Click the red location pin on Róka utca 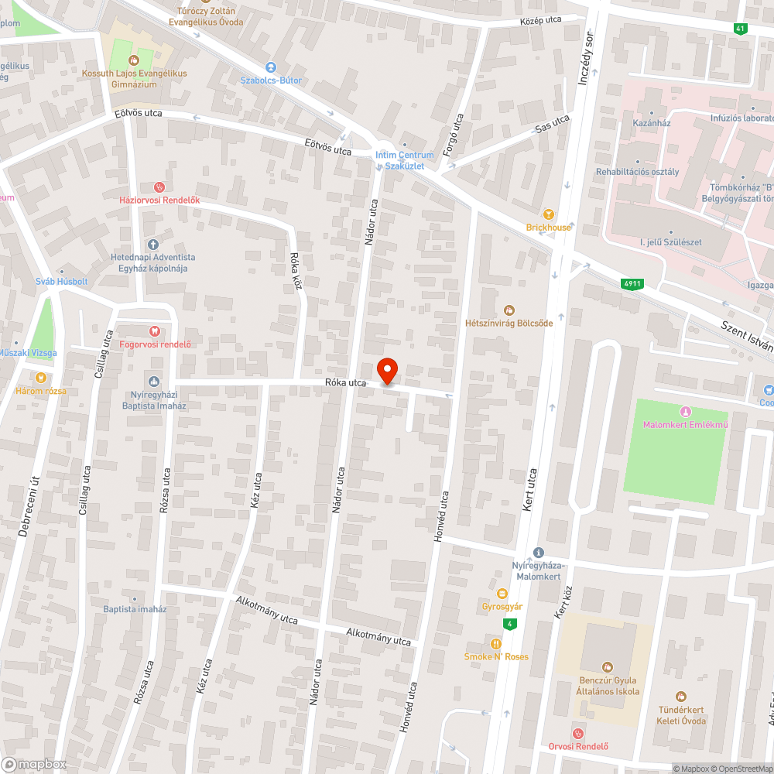[387, 371]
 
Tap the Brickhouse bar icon [549, 214]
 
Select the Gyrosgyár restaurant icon [502, 593]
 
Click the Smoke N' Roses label [496, 656]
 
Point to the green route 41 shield [741, 28]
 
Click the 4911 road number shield [632, 284]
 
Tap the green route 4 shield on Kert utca [509, 624]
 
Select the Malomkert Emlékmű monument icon [684, 410]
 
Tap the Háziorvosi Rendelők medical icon [159, 187]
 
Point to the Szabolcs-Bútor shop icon [270, 67]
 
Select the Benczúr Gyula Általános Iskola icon [608, 666]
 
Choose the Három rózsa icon [41, 378]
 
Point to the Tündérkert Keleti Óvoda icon [680, 697]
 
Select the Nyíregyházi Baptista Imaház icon [153, 381]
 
